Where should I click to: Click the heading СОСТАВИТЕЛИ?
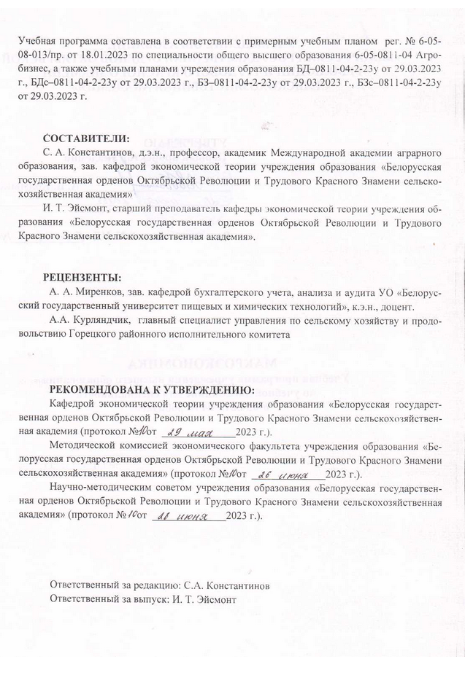click(x=85, y=138)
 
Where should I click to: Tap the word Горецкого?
click(x=115, y=335)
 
